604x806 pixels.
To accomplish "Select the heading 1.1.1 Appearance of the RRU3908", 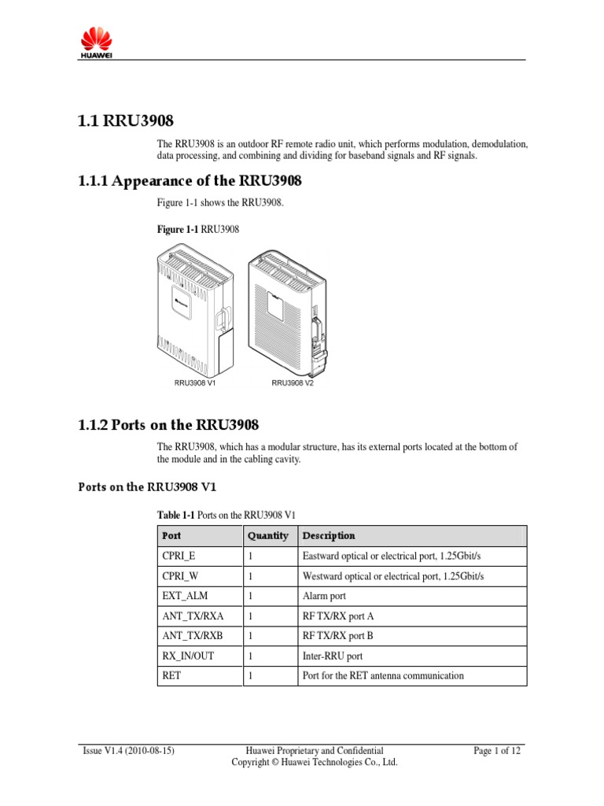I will pos(190,181).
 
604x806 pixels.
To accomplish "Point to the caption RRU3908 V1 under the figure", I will pos(195,383).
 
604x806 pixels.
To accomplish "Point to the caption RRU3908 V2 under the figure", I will pos(293,383).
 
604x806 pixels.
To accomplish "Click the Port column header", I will pos(171,535).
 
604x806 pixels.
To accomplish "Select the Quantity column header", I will pos(267,535).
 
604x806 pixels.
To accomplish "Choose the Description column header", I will pos(329,535).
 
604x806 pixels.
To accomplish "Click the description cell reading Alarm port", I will pos(324,596).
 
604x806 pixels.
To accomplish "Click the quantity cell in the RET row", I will pos(250,675).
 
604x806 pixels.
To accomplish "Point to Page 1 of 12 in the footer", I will pos(497,751).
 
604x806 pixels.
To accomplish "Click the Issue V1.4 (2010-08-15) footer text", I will pos(128,751).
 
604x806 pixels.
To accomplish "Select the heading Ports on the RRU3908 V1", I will pos(142,486).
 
